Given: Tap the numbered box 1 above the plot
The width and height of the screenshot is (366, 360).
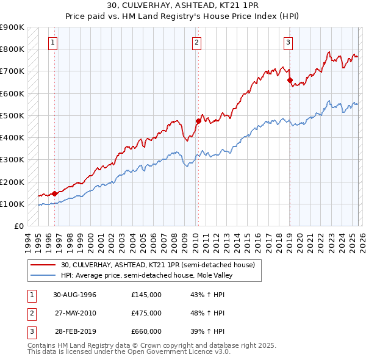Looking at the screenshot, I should tap(54, 43).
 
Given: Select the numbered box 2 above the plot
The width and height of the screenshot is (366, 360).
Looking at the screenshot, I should tap(197, 43).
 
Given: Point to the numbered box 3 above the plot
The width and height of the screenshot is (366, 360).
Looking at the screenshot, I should tap(288, 43).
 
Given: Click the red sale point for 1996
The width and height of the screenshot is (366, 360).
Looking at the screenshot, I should tap(55, 193).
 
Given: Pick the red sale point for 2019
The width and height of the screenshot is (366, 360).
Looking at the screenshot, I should tap(290, 80).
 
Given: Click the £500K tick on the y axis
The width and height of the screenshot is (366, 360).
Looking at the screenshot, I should tap(12, 115).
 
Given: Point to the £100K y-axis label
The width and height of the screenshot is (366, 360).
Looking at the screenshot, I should tap(12, 204).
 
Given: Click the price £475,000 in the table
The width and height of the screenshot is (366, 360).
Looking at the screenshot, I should tap(146, 314).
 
